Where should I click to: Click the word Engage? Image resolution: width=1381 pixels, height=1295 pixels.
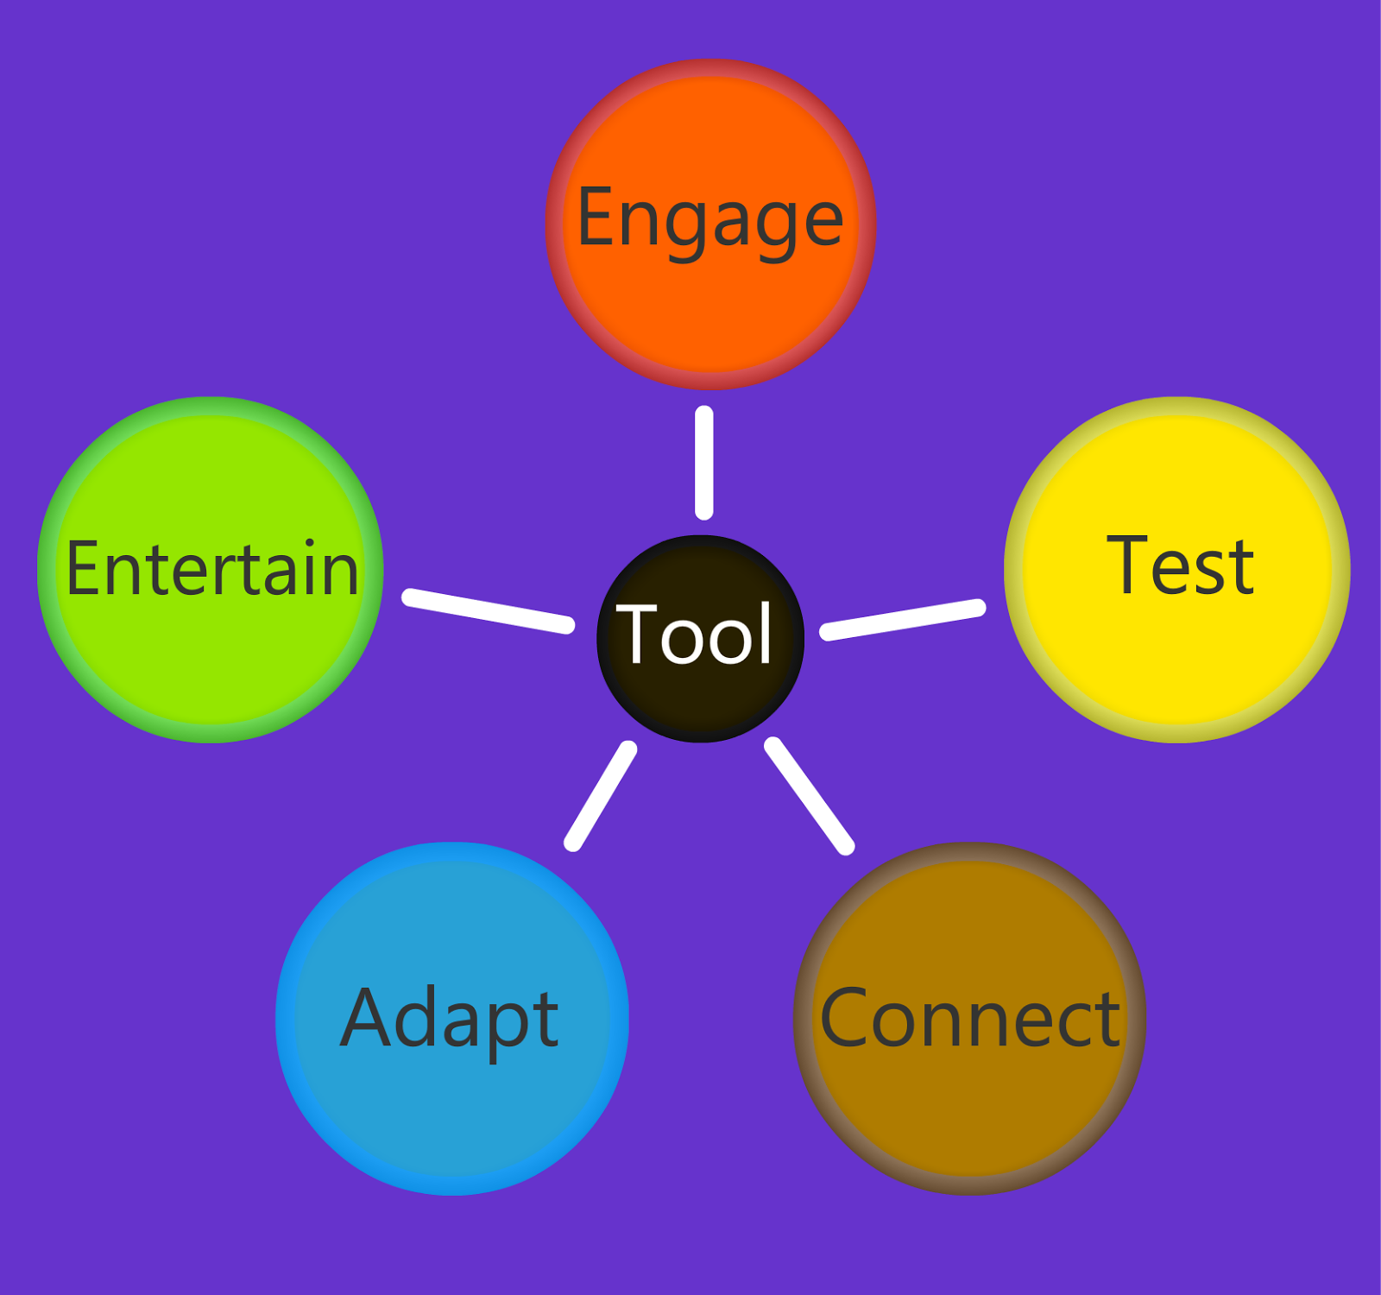click(x=709, y=221)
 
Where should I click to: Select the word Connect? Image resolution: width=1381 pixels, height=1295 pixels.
click(x=970, y=1018)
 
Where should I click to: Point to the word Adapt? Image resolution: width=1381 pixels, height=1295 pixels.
click(x=450, y=1021)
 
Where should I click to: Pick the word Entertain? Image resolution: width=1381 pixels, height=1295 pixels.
click(x=212, y=568)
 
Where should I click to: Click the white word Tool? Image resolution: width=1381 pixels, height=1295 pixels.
click(x=694, y=634)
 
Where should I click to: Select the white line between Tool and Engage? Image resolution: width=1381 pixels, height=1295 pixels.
click(x=704, y=463)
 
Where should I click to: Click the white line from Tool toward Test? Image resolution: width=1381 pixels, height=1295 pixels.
click(x=903, y=619)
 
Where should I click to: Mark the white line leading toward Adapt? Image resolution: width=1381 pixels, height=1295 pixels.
click(x=601, y=796)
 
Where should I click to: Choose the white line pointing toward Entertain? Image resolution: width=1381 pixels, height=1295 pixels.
click(x=489, y=610)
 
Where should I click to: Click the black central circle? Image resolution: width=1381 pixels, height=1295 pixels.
click(x=701, y=638)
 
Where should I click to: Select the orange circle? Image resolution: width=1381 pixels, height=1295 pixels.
click(x=710, y=224)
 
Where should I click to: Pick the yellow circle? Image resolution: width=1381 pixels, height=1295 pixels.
click(x=1177, y=570)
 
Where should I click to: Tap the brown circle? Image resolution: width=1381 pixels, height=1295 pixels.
click(x=970, y=1019)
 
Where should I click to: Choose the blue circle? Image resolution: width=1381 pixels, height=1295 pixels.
click(x=452, y=1019)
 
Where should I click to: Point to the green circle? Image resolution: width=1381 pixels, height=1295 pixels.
click(x=211, y=570)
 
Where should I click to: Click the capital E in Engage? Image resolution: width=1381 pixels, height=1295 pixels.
click(x=596, y=216)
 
